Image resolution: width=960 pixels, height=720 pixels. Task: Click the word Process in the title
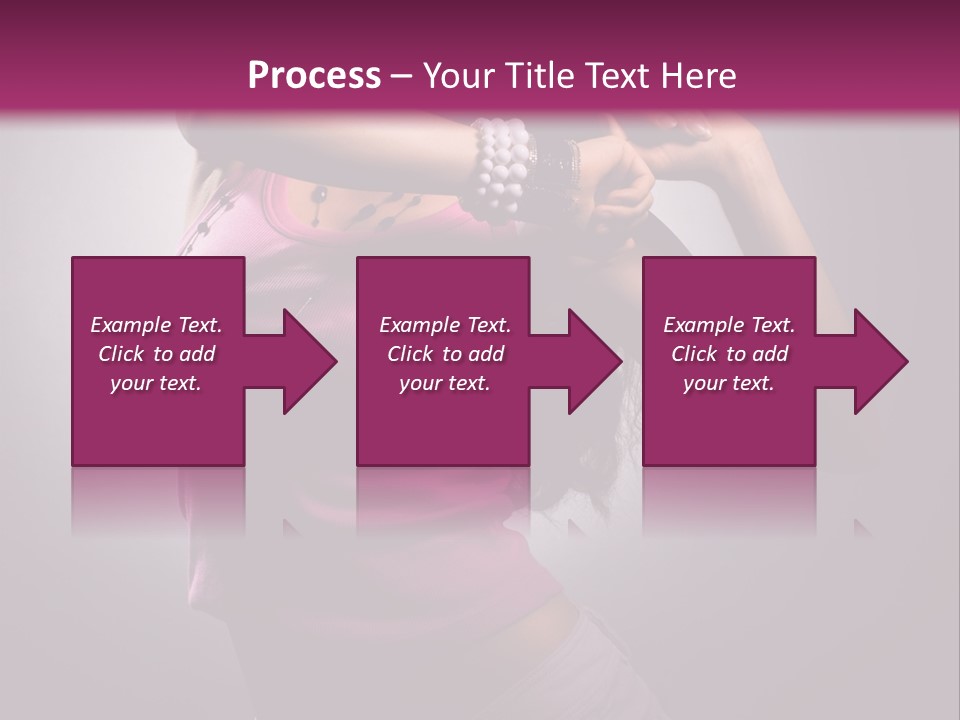click(314, 76)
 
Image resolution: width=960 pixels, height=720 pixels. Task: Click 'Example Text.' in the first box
click(156, 325)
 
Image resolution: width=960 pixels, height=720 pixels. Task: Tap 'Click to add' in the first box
click(156, 354)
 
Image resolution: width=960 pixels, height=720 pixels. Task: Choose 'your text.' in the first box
click(156, 383)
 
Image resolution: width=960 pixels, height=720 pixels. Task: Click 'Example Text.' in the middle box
click(445, 325)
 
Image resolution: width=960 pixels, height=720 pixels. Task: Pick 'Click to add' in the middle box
click(445, 354)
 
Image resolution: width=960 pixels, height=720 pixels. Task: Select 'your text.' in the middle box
click(445, 383)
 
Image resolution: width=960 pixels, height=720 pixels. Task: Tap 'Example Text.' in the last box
click(729, 325)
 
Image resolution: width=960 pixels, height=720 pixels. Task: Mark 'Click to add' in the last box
click(729, 354)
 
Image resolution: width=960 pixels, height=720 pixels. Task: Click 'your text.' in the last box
click(729, 383)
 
